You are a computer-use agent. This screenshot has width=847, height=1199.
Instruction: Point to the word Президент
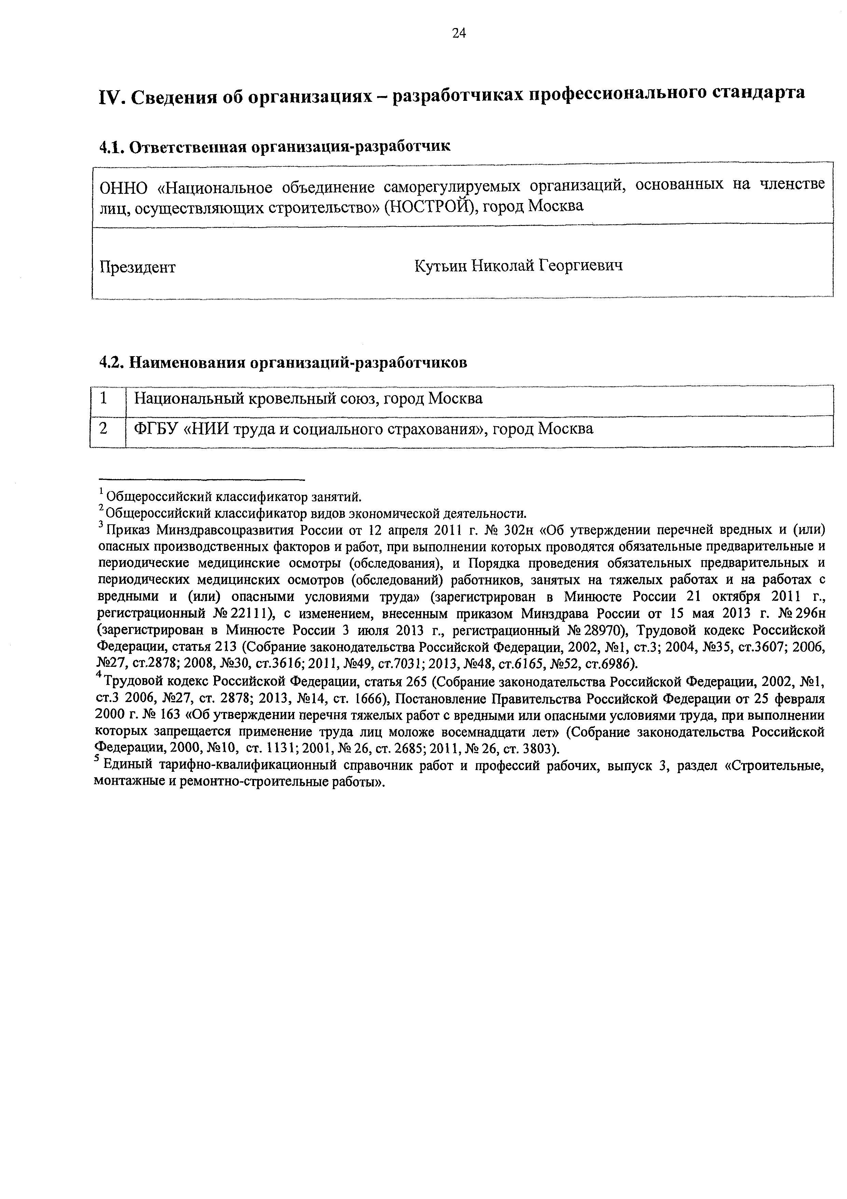point(138,267)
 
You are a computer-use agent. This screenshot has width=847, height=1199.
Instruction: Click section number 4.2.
point(111,362)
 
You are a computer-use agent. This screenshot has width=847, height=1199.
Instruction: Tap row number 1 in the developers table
point(104,399)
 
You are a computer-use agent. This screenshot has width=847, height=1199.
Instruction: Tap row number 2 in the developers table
point(104,429)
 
